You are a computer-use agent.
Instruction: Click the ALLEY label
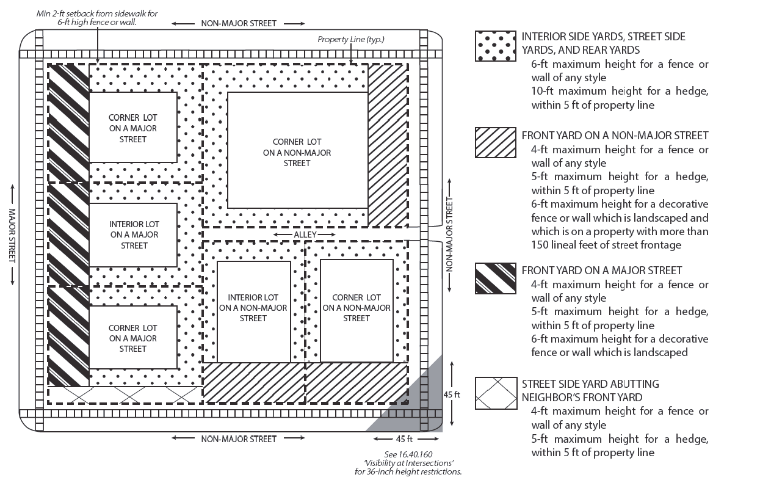pos(306,235)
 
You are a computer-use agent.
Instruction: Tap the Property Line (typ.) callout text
pos(350,40)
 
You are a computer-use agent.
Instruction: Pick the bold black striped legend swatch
pos(495,278)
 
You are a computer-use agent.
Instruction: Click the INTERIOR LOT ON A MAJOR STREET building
pos(134,235)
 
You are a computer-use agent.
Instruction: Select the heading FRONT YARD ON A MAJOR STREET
pos(601,271)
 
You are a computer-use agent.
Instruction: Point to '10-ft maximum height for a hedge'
pos(620,92)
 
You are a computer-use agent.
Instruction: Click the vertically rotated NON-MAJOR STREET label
pos(451,235)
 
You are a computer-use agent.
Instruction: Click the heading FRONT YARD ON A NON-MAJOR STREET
pos(615,136)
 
